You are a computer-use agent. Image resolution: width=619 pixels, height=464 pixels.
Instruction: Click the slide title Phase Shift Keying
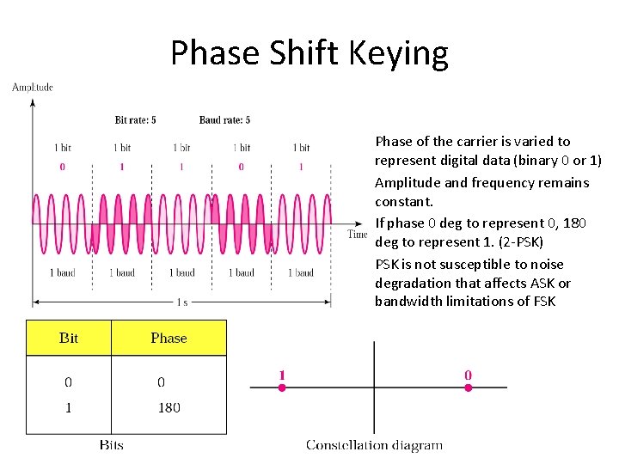[x=309, y=53]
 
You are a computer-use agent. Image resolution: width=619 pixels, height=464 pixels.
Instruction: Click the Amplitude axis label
[x=33, y=87]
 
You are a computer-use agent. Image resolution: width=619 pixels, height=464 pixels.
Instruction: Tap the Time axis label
[x=357, y=235]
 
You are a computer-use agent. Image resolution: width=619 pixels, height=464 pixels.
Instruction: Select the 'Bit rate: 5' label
[x=136, y=119]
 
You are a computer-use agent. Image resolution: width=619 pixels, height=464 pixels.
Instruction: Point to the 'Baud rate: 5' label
[x=224, y=119]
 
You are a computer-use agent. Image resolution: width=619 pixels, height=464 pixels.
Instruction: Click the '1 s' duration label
[x=182, y=302]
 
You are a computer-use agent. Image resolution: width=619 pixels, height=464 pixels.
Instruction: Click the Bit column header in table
[x=69, y=338]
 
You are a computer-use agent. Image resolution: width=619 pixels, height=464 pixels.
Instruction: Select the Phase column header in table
[x=169, y=338]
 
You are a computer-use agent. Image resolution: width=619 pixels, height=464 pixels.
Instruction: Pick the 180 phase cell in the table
[x=169, y=407]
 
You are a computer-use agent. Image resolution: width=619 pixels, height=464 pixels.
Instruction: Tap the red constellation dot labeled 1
[x=280, y=388]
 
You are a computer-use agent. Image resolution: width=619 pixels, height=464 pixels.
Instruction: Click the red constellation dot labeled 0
[x=468, y=388]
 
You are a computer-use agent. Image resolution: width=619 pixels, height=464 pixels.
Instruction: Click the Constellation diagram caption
[x=375, y=444]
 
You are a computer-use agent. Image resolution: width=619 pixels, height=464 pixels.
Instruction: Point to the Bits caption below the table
[x=111, y=444]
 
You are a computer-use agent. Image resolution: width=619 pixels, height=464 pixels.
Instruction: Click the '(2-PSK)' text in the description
[x=520, y=242]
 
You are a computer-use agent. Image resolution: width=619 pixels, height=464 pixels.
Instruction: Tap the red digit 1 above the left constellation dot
[x=281, y=375]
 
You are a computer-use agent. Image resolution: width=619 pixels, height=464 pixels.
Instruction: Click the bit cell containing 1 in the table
[x=68, y=407]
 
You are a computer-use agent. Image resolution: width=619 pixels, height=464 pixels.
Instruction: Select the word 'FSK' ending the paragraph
[x=542, y=301]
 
